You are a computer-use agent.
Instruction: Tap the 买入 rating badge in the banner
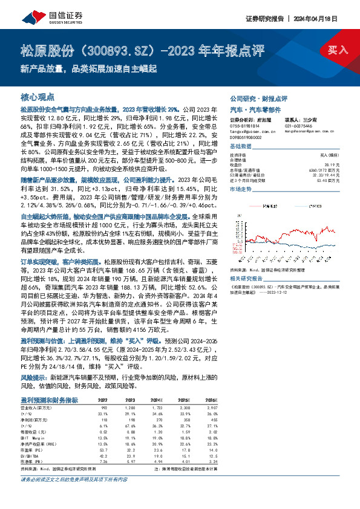[x=337, y=50]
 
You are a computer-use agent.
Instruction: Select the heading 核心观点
[x=38, y=97]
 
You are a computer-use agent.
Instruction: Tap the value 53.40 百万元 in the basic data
[x=339, y=180]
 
